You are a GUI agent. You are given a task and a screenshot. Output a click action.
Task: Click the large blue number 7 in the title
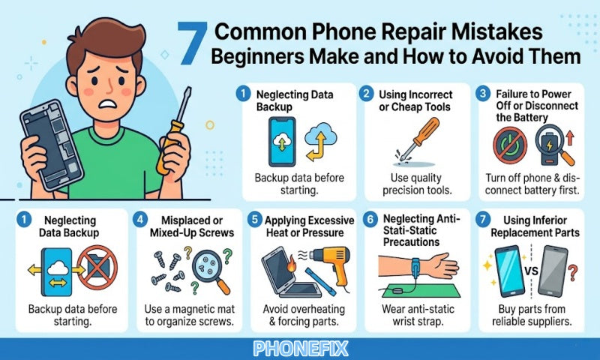point(193,43)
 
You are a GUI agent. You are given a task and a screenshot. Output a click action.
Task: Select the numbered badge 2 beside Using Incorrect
point(366,94)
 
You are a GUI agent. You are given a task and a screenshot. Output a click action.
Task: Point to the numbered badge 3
point(484,94)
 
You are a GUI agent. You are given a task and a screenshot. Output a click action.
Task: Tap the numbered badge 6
point(369,221)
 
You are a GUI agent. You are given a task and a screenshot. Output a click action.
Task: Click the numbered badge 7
point(484,221)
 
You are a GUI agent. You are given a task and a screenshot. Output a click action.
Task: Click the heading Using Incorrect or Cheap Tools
point(409,102)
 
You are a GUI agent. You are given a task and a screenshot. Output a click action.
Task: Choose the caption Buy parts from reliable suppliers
point(533,315)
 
